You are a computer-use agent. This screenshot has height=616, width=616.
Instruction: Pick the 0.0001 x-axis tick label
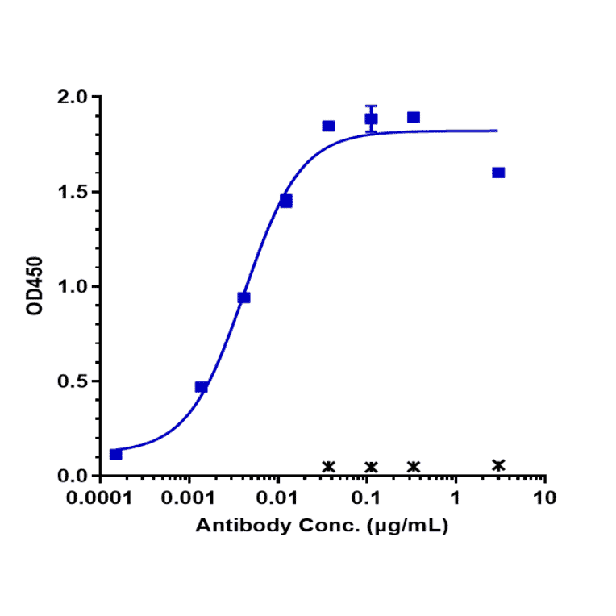pos(100,498)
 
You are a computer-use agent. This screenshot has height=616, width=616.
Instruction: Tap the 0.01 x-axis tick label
pos(278,498)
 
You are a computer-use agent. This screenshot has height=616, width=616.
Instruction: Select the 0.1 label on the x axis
pos(367,498)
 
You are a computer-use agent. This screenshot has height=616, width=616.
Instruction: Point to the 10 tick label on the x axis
pos(545,498)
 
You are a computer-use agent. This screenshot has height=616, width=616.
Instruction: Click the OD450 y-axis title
pos(35,286)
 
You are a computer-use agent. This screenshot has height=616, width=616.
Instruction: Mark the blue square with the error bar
pos(371,119)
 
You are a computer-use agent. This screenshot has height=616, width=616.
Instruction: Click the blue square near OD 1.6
pos(498,173)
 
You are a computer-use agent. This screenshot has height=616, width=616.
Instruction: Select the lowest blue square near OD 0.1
pos(116,455)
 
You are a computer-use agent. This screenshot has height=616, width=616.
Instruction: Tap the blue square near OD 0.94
pos(243,298)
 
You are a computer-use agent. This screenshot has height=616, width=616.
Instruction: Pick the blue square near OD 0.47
pos(202,387)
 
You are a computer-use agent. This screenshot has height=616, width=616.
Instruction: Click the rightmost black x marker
pos(498,465)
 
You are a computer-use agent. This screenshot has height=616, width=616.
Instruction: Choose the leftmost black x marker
pos(328,467)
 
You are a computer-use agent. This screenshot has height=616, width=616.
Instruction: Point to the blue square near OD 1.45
pos(286,200)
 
